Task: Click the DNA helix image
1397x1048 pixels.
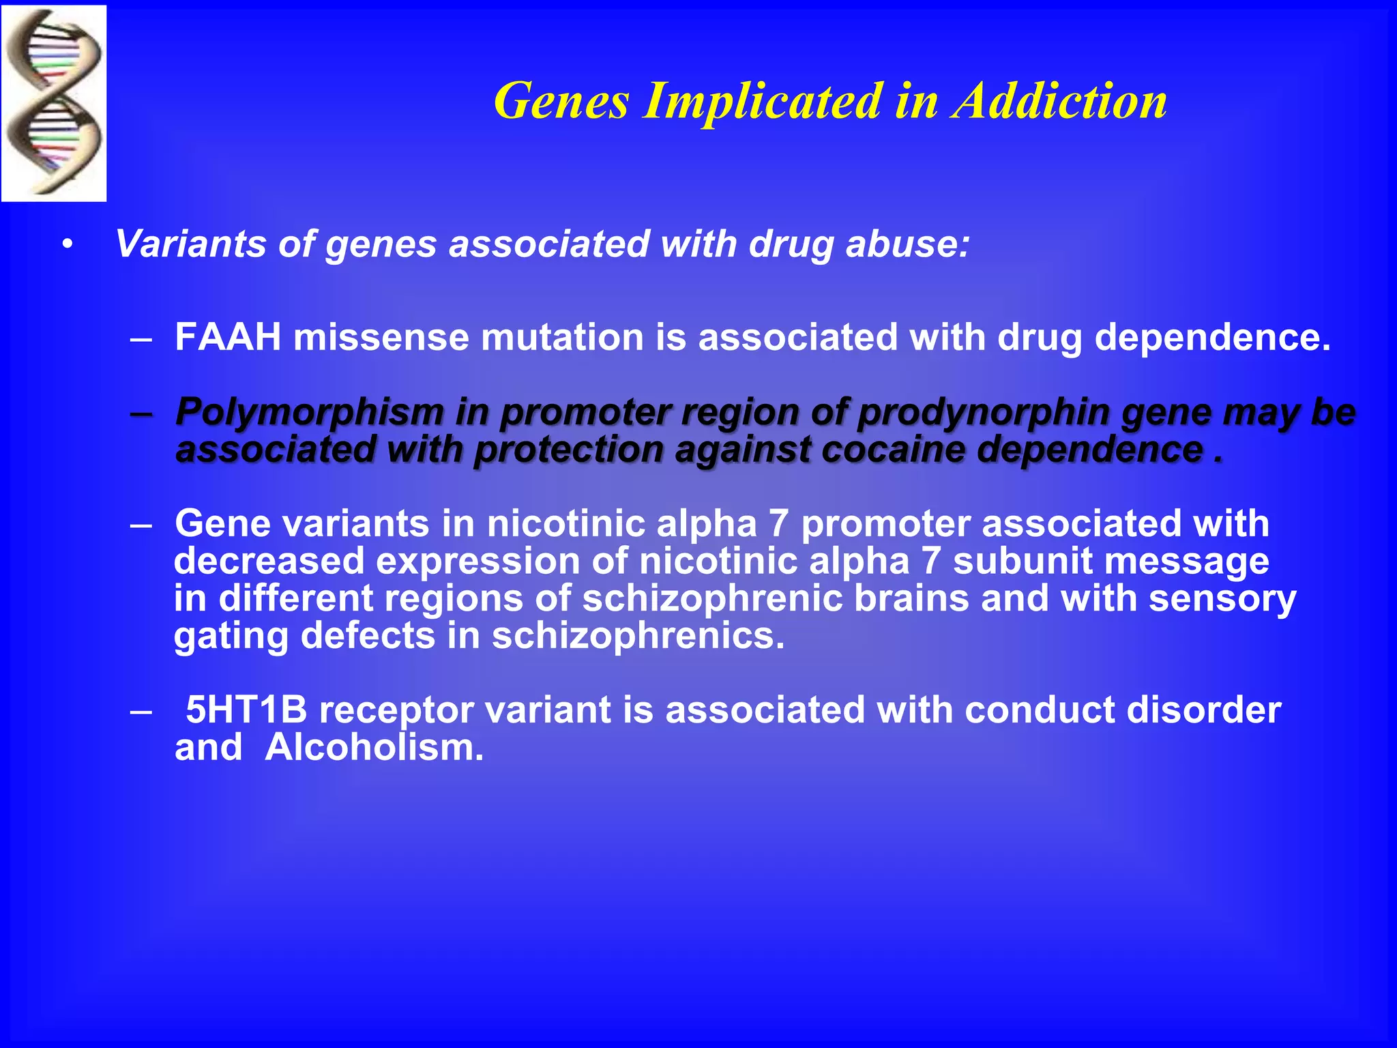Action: point(53,102)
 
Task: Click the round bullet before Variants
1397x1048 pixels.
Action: point(66,245)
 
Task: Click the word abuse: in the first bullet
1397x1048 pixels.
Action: point(907,244)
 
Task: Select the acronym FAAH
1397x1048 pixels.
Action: point(228,337)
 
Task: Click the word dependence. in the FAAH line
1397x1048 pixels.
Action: point(1212,337)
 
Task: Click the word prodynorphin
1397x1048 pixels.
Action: point(983,412)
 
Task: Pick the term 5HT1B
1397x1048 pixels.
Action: point(246,710)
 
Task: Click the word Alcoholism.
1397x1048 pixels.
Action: point(374,748)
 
